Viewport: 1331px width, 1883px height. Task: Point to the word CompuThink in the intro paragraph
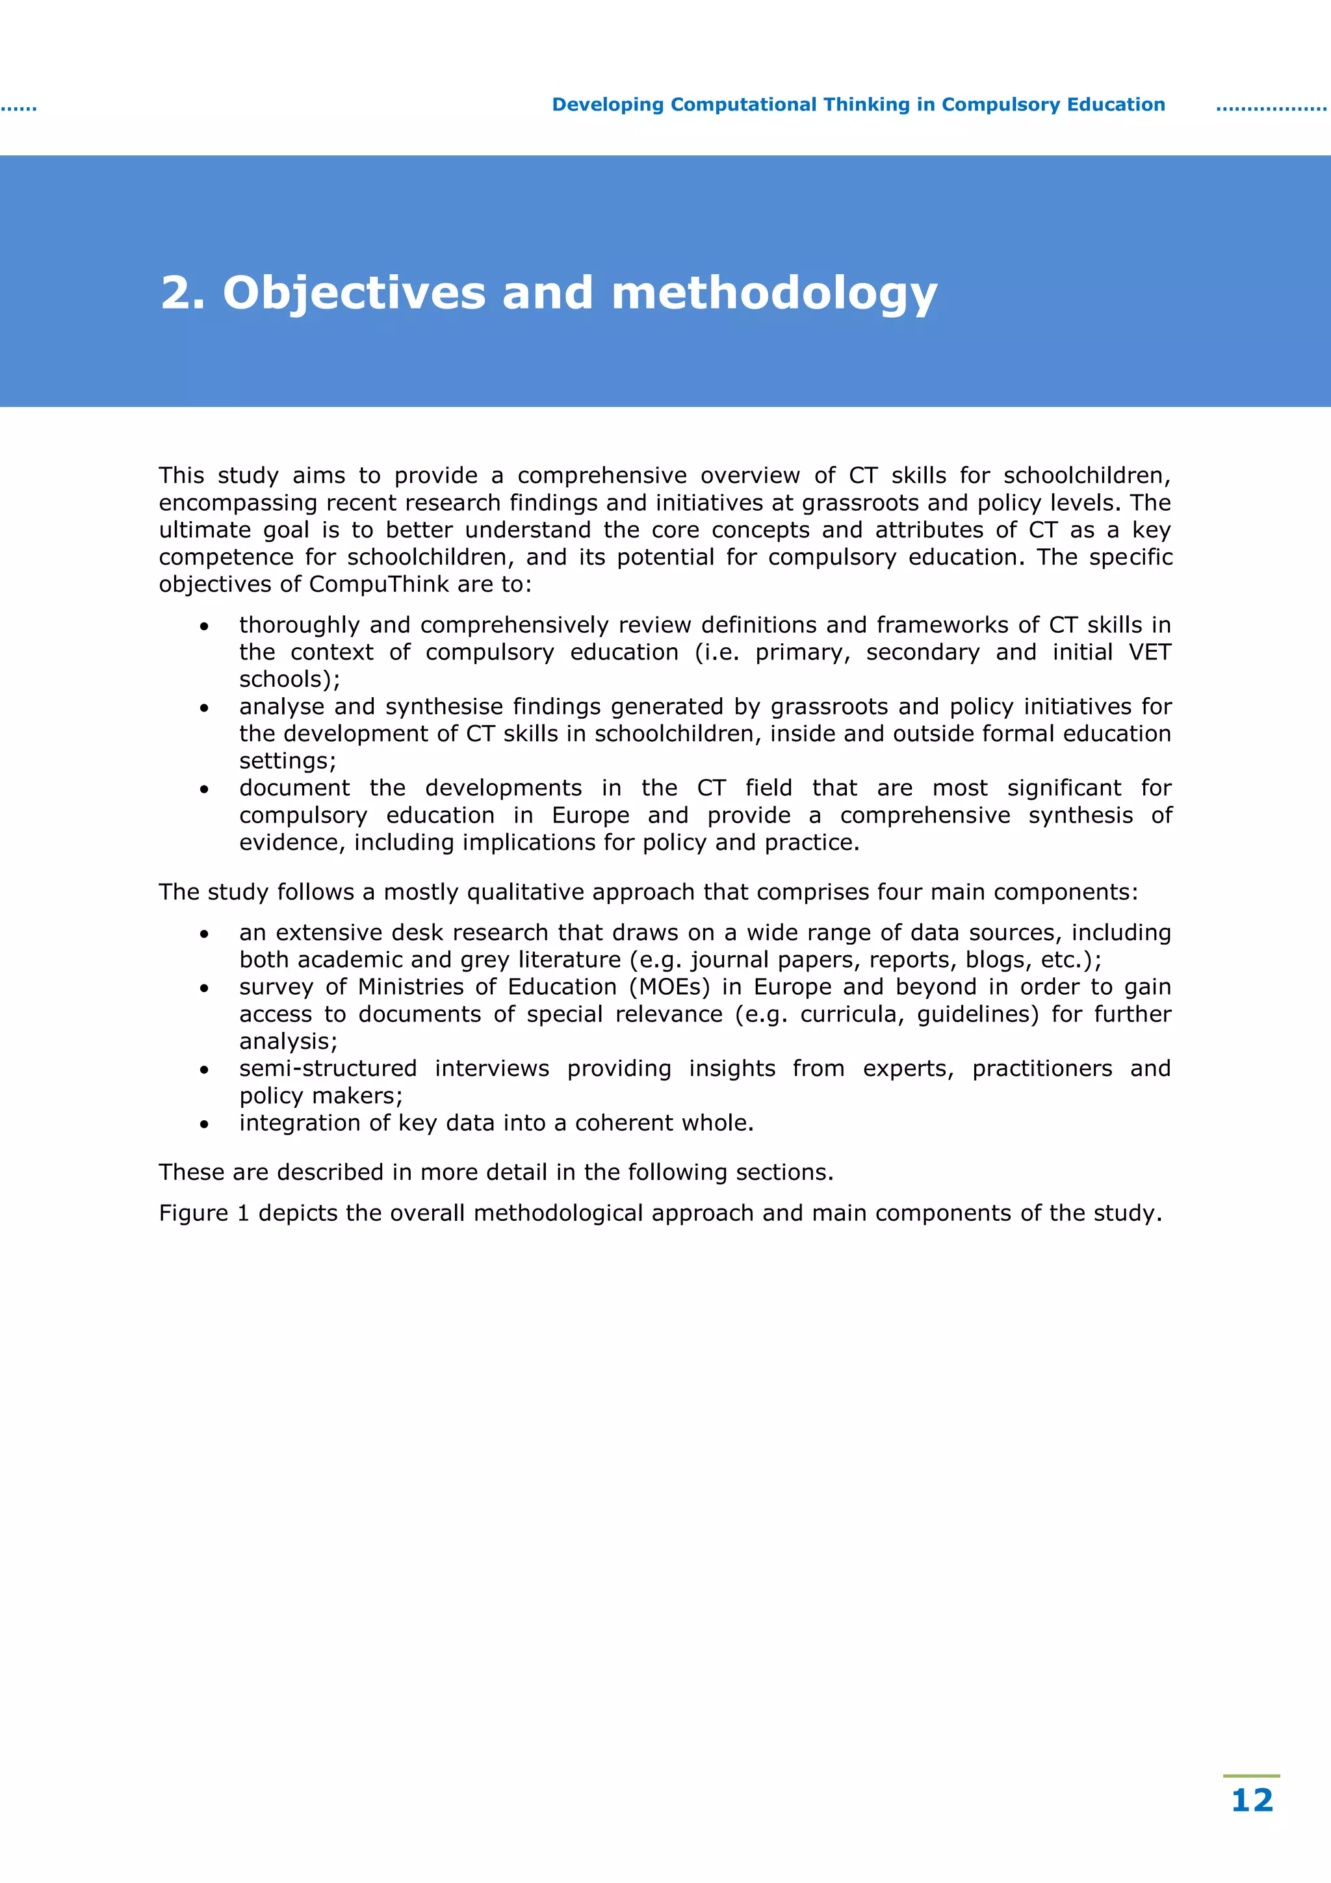[x=379, y=584]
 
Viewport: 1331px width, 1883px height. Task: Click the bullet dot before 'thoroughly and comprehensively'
[x=204, y=626]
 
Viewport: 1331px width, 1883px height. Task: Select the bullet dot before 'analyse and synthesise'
[x=204, y=708]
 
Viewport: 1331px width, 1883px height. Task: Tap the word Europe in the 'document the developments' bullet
[x=591, y=815]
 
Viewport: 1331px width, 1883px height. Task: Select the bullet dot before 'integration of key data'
[x=204, y=1124]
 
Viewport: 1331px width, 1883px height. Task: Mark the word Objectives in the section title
[x=354, y=293]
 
